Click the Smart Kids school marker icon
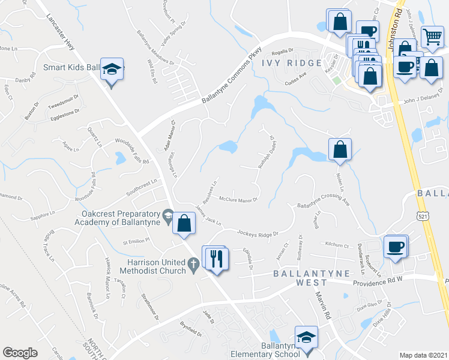point(112,70)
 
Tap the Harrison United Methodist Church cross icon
point(193,264)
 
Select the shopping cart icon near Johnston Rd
point(432,38)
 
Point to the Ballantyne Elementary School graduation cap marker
point(307,338)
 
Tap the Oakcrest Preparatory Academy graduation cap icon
point(169,215)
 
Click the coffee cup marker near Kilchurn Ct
point(395,247)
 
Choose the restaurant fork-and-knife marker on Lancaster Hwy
point(215,259)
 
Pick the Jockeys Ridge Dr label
point(259,232)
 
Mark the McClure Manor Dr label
point(238,199)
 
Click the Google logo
point(20,353)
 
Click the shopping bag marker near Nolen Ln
point(340,150)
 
